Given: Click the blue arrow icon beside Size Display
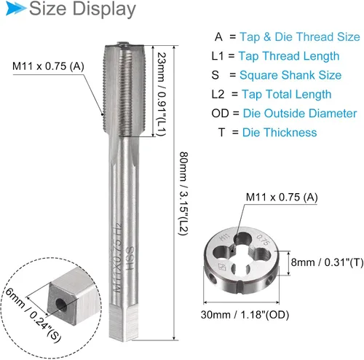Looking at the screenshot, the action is coord(15,8).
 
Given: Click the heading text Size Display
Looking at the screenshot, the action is coord(82,9).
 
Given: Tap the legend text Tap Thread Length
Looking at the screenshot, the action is coord(289,56).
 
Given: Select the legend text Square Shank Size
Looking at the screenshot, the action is coord(290,75).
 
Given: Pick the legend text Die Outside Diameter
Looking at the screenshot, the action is coord(300,114).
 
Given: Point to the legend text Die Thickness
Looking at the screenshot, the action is coord(280,133).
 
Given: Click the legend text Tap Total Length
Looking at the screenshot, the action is coord(286,94).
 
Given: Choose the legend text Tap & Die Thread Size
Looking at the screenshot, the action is coord(300,37).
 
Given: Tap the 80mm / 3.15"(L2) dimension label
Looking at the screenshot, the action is coord(183,194).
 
